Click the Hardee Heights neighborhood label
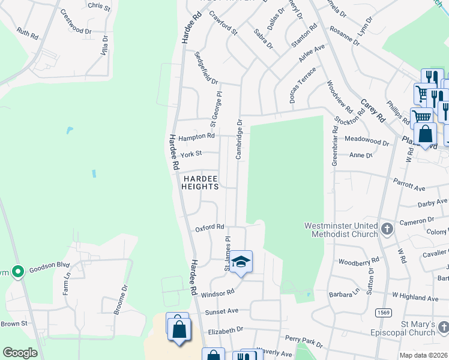(200, 182)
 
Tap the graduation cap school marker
(241, 262)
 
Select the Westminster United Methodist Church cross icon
(387, 229)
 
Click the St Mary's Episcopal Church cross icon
(442, 327)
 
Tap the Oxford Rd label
(209, 227)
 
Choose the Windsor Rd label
(217, 293)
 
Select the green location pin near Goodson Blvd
(17, 272)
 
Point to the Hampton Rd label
(196, 136)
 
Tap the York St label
(191, 154)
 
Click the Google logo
(20, 353)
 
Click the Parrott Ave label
(409, 184)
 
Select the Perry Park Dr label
(304, 341)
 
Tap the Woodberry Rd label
(358, 261)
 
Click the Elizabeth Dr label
(224, 329)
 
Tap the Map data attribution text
(424, 355)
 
